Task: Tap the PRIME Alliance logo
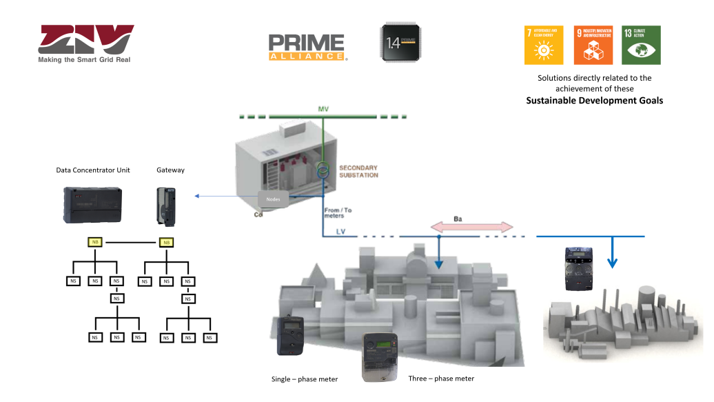coord(307,47)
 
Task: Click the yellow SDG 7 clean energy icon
coord(544,45)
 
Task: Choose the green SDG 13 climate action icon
coord(641,45)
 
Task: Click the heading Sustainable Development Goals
coord(594,101)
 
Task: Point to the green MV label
coord(324,110)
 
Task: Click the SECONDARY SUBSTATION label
coord(358,172)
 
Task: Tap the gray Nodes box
coord(274,199)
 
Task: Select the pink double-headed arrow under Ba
coord(472,228)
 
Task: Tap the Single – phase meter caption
coord(305,379)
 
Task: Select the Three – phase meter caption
coord(441,379)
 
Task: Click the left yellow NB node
coord(95,242)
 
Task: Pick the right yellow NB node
coord(165,242)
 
